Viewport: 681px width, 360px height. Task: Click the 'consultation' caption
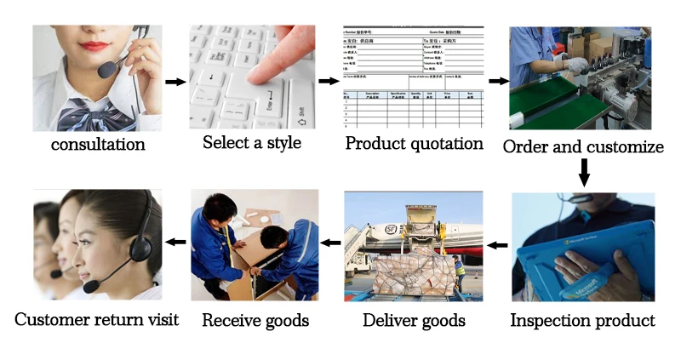(98, 144)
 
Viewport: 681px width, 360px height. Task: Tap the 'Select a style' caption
(252, 142)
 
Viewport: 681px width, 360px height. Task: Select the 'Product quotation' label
(414, 143)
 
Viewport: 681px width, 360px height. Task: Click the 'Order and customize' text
(583, 146)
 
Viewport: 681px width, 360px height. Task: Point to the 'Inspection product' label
(582, 321)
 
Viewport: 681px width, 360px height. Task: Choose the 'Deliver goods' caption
(414, 321)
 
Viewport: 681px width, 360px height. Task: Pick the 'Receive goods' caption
(255, 321)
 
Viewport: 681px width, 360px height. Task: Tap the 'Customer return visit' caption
(97, 320)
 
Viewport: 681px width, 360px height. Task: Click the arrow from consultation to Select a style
(175, 82)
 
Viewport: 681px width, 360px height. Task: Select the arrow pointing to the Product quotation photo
(328, 82)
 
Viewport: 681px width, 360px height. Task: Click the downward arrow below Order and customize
(584, 173)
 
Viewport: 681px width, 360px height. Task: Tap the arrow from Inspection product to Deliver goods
(498, 246)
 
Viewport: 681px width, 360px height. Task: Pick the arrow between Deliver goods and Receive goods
(330, 243)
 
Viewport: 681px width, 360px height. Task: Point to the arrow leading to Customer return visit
(175, 242)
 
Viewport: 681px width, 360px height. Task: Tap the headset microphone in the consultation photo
(107, 68)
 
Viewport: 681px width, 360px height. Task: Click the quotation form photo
(413, 77)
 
